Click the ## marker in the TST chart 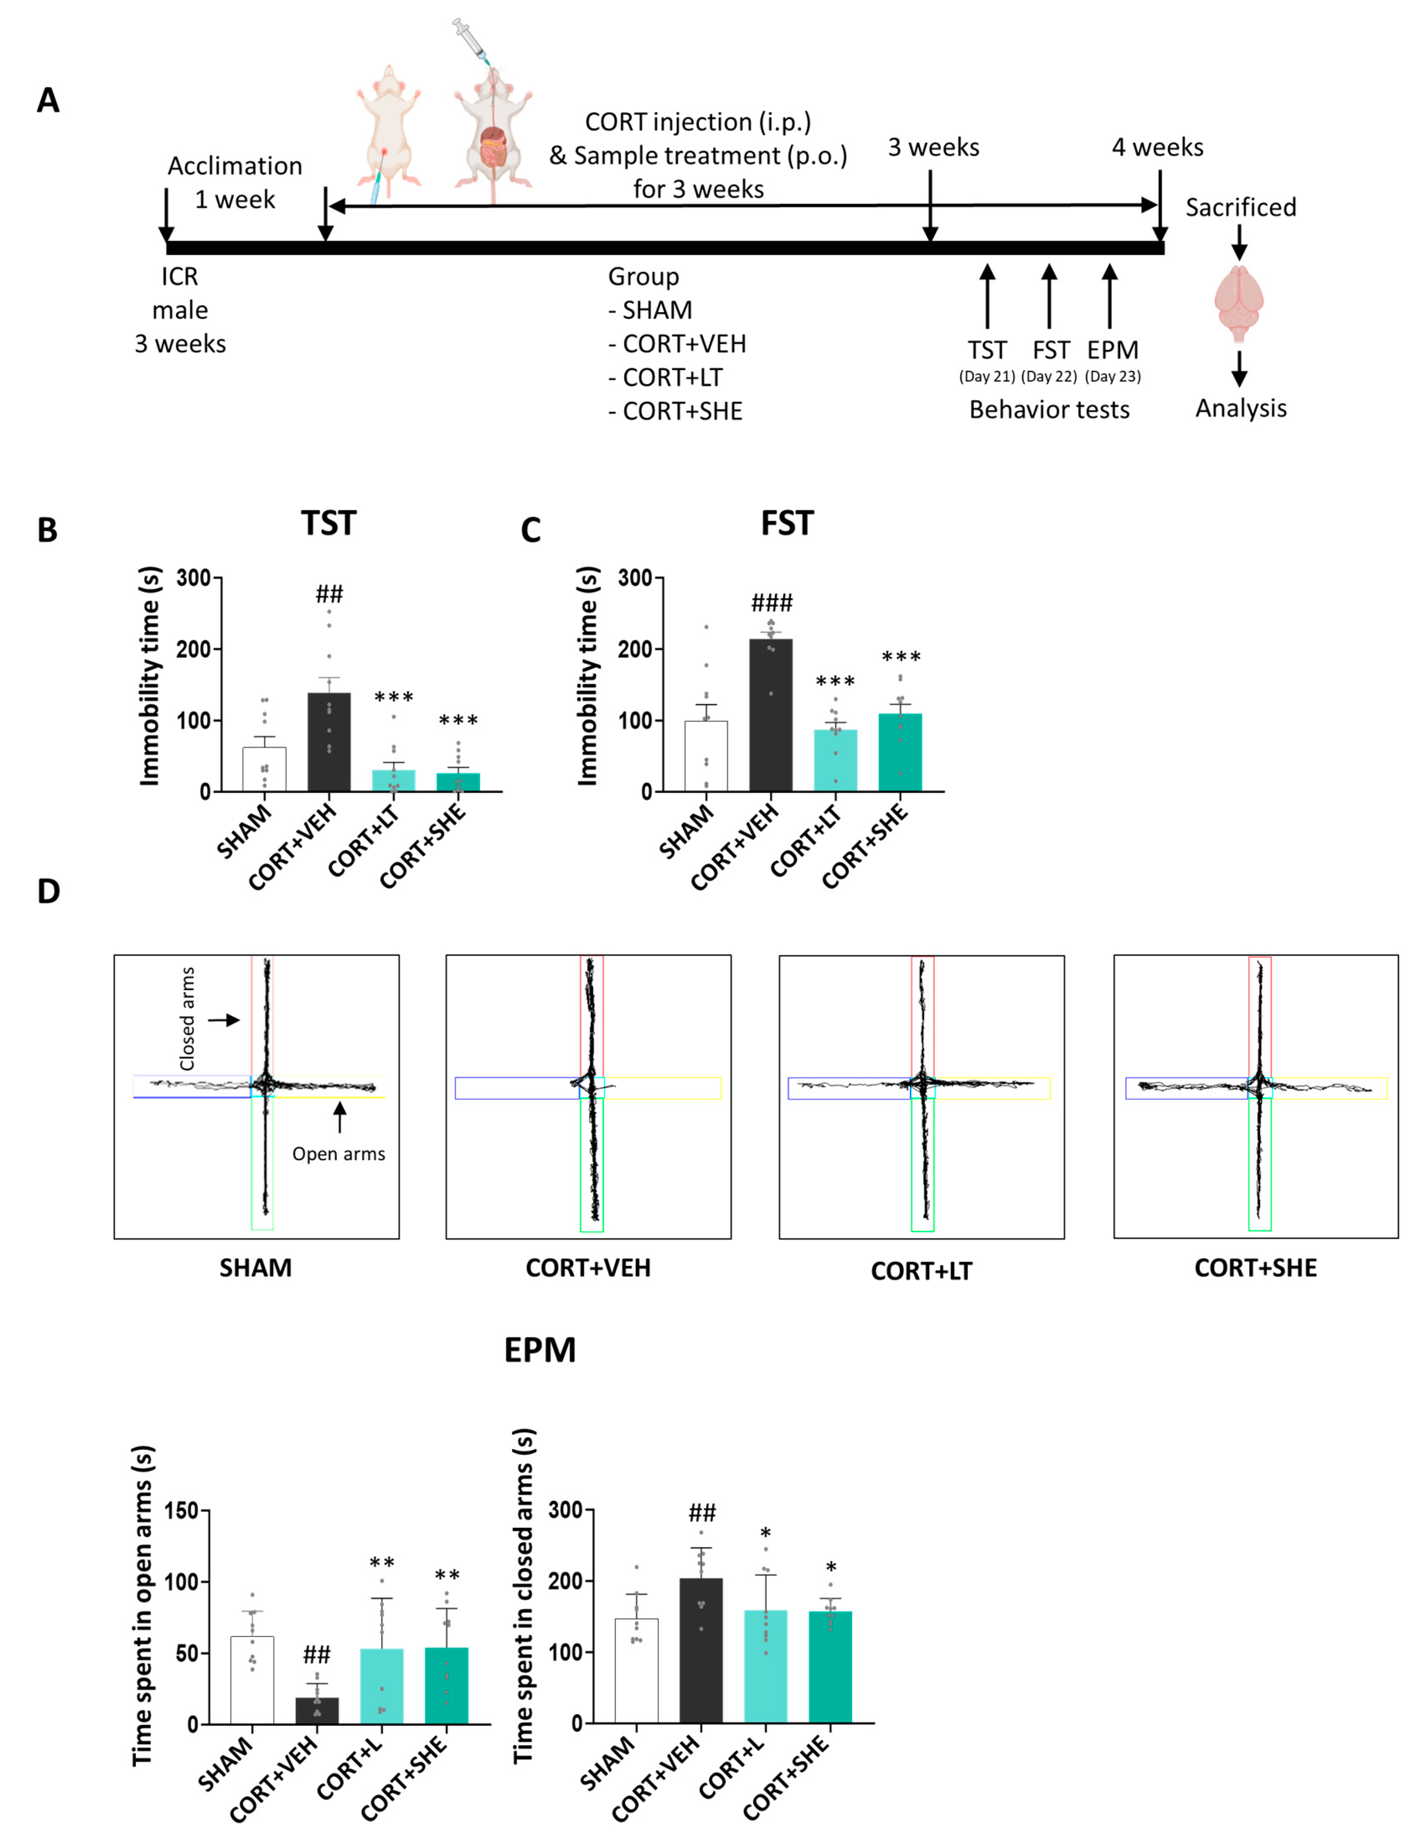point(329,595)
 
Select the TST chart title point(328,523)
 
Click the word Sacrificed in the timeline point(1241,207)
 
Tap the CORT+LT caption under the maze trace point(921,1271)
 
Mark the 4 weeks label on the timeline point(1157,147)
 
